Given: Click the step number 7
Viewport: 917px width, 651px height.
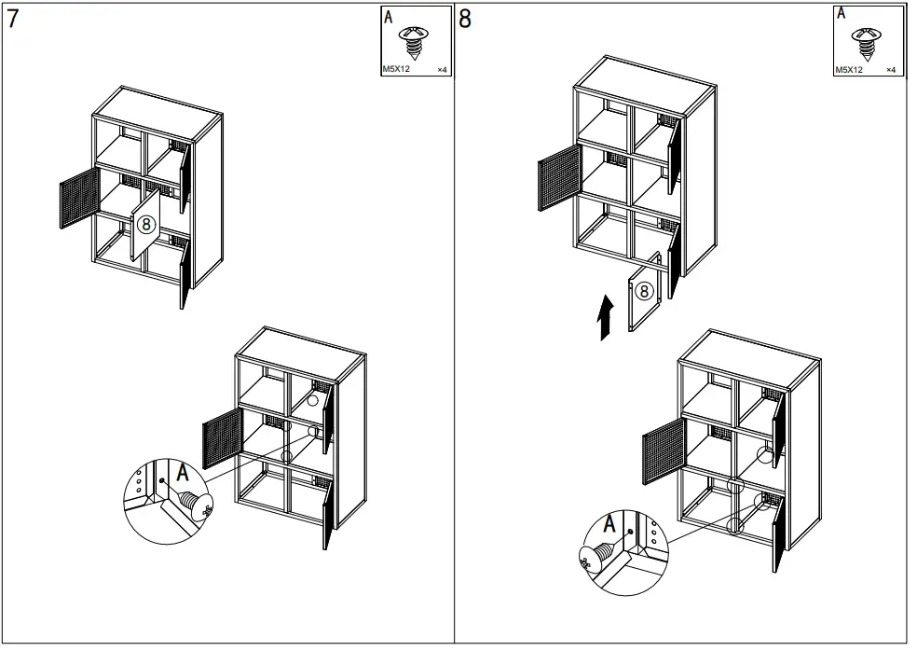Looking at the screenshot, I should click(x=12, y=20).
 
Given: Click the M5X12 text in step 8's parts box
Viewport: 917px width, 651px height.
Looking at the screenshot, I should click(x=848, y=70).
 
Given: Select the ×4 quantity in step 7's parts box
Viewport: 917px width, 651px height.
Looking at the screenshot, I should click(x=442, y=70).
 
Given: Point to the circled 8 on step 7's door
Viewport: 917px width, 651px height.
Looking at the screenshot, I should click(x=144, y=225).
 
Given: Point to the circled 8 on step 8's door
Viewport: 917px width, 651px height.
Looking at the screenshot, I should click(x=644, y=291).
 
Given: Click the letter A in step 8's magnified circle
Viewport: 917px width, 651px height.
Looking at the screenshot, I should click(x=609, y=525).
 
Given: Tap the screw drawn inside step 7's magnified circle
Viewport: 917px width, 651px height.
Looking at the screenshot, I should click(x=194, y=505).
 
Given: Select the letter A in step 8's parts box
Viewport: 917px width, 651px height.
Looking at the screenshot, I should click(x=841, y=13).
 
